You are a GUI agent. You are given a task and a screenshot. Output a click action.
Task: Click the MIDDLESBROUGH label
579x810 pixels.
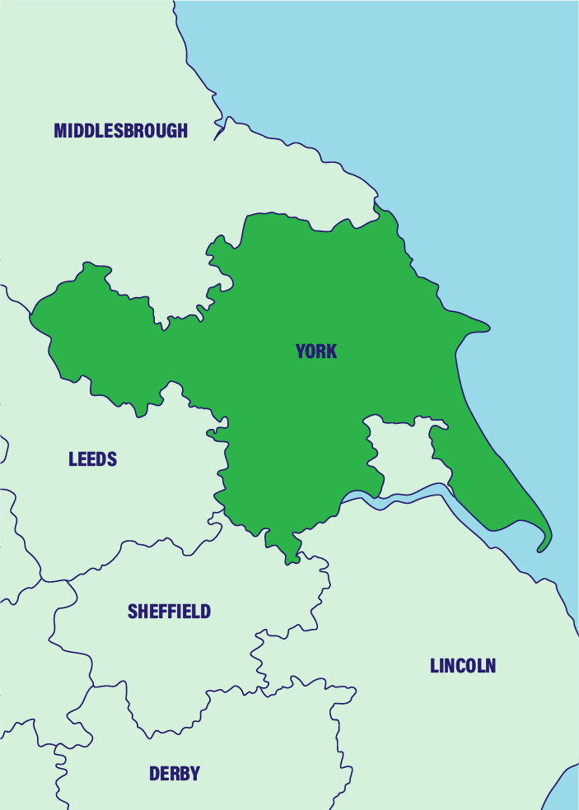120,130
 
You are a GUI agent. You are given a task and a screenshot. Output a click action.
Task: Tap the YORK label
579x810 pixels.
316,351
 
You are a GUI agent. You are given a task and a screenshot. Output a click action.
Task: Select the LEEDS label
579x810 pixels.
92,459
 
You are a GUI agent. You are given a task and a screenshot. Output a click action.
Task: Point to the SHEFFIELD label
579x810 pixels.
169,612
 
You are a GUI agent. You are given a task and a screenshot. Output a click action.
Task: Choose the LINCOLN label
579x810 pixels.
463,666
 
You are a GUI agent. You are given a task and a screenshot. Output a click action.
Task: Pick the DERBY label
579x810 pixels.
174,774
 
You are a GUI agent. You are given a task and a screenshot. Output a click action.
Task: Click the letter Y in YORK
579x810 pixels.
301,351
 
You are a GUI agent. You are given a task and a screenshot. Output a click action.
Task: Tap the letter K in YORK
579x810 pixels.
332,351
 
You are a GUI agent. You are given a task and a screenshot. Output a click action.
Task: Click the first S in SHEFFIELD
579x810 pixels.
133,612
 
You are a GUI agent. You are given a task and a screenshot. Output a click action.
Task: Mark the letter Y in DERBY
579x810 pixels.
194,774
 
